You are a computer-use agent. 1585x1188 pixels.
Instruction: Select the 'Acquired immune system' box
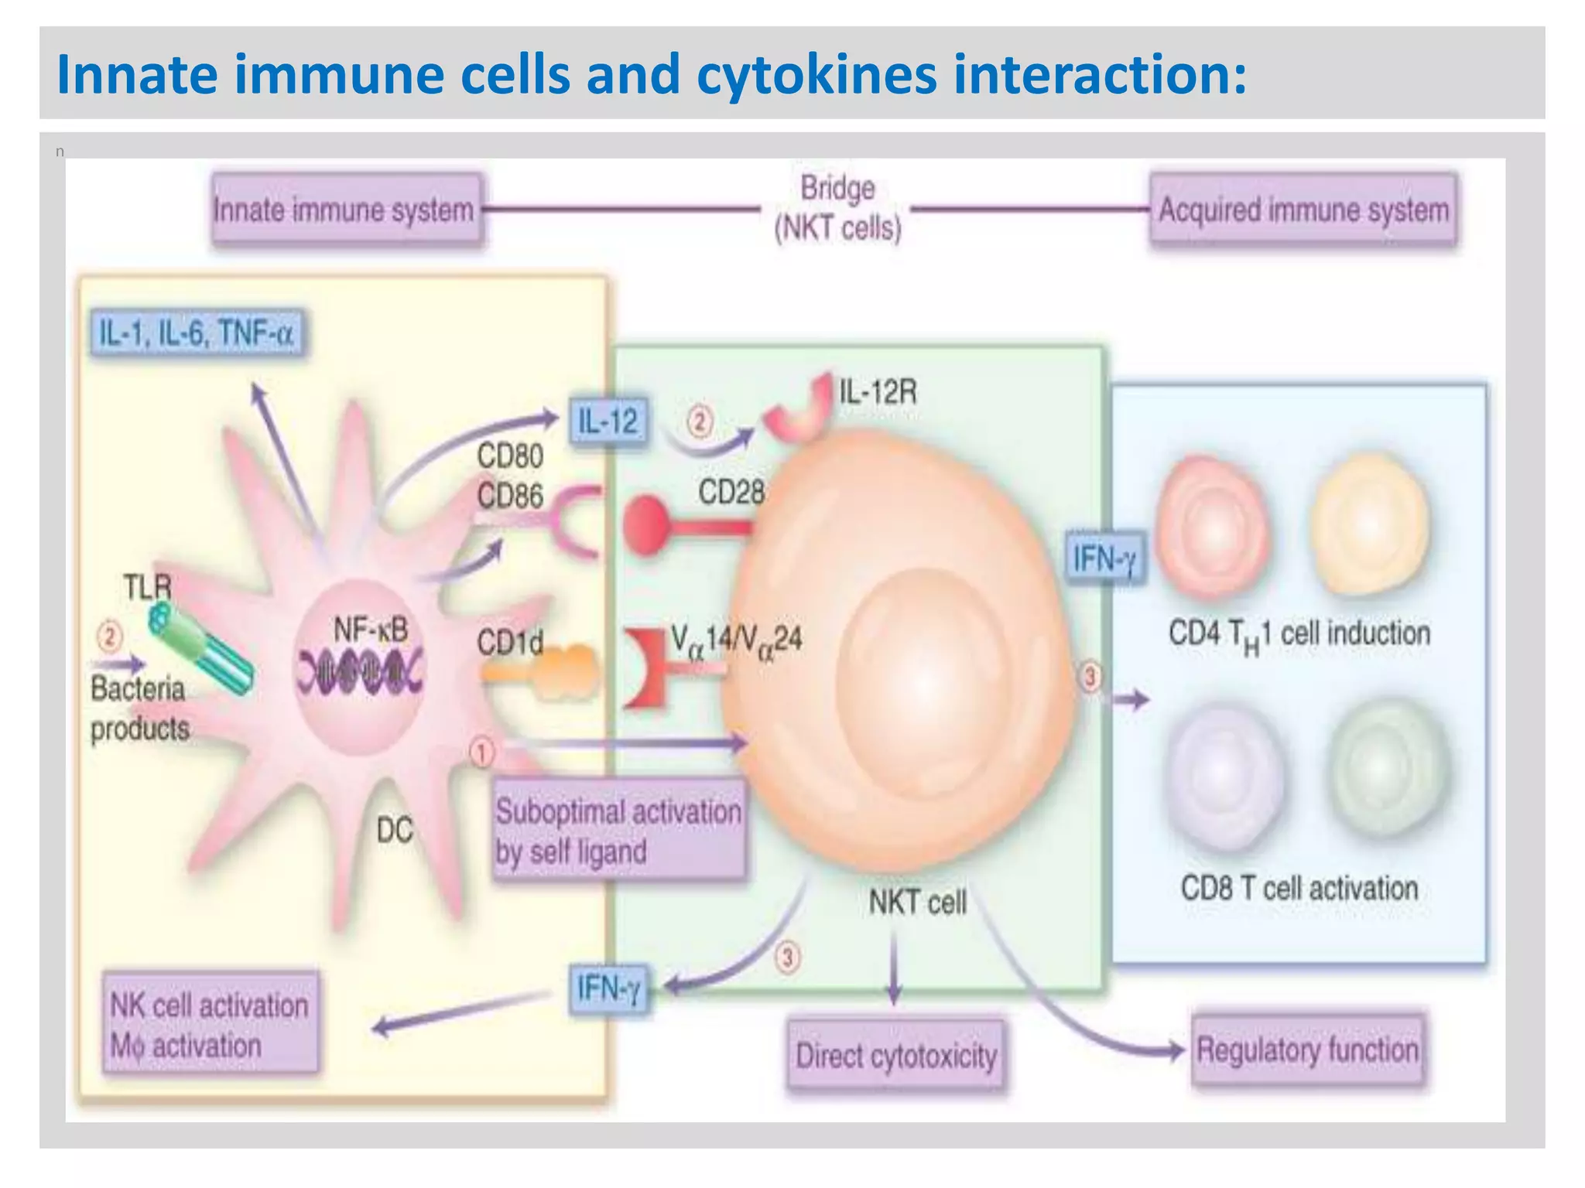[x=1303, y=210]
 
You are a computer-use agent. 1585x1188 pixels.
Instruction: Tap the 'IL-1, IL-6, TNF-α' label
[x=197, y=333]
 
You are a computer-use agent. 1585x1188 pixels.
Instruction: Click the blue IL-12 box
[x=608, y=422]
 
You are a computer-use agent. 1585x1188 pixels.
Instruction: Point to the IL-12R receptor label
[x=878, y=392]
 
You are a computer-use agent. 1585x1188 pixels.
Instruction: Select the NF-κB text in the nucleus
[x=370, y=630]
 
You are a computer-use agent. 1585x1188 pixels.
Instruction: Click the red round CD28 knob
[x=644, y=526]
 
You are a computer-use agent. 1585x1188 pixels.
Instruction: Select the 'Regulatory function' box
[x=1307, y=1050]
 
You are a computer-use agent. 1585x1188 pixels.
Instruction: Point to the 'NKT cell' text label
[x=917, y=902]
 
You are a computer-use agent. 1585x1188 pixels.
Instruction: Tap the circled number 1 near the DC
[x=481, y=753]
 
